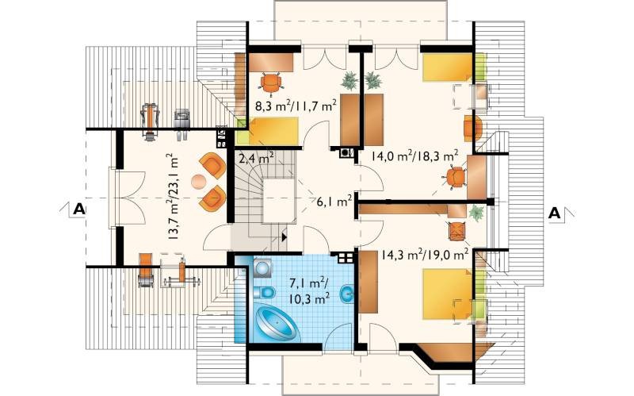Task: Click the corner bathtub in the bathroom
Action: coord(277,323)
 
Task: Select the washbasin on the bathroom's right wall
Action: coord(347,292)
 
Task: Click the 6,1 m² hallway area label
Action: coord(334,201)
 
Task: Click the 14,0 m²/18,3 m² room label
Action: coord(414,156)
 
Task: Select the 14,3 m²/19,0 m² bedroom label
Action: coord(425,255)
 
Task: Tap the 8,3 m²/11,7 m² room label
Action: coord(296,106)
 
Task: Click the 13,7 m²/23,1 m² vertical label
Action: coord(173,197)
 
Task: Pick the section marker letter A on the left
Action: coord(78,209)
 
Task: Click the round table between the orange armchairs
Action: coord(199,182)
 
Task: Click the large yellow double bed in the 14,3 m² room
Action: coord(448,294)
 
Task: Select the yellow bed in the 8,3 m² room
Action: coord(273,131)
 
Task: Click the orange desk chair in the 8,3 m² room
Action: coord(271,83)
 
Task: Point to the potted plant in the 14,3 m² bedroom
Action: coord(476,213)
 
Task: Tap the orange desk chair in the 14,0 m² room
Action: coord(455,177)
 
